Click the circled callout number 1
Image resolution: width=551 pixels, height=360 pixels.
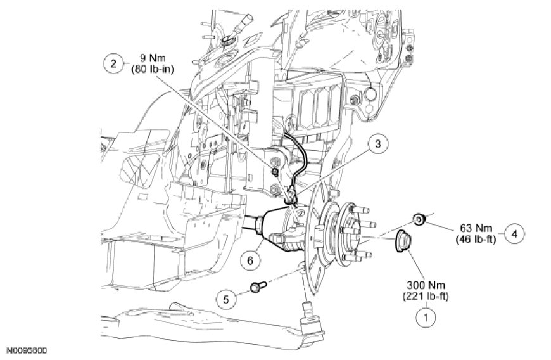click(x=426, y=318)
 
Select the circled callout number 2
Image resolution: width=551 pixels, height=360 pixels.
click(x=113, y=63)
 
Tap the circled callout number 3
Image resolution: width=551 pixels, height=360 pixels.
click(x=377, y=144)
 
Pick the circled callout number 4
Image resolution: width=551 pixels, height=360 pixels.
click(x=514, y=233)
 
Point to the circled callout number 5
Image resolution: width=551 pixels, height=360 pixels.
click(x=226, y=299)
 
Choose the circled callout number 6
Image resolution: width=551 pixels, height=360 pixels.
click(x=250, y=260)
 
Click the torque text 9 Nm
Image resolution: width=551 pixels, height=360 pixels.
click(x=152, y=58)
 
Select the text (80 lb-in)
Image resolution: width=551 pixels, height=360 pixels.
click(x=153, y=69)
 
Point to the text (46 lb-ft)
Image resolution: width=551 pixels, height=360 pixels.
click(x=476, y=240)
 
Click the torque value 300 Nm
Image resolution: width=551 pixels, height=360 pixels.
click(x=426, y=285)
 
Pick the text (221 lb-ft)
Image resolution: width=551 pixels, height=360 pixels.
click(x=426, y=297)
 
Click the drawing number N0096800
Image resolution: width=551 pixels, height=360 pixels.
click(x=27, y=350)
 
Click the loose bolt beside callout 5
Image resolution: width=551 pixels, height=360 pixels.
click(x=258, y=286)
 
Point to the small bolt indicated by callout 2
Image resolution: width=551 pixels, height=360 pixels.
click(x=275, y=172)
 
